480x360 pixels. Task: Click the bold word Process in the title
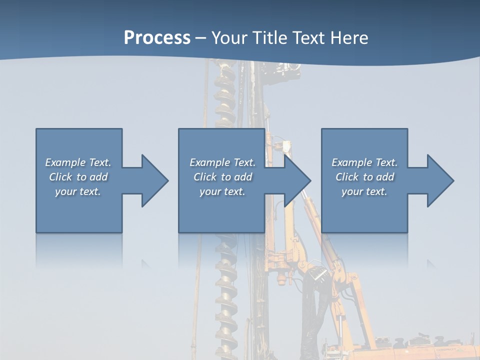[157, 38]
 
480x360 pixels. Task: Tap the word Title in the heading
[270, 38]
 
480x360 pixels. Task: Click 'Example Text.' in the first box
[78, 162]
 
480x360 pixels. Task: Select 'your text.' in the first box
[78, 191]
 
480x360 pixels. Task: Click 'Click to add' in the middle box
[222, 177]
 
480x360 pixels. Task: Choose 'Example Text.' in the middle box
[222, 162]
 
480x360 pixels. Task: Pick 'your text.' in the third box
[364, 191]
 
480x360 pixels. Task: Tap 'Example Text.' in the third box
[364, 162]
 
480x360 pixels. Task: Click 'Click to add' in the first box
[78, 177]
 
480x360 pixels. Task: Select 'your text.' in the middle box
[222, 191]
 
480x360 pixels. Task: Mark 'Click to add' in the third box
[364, 177]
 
